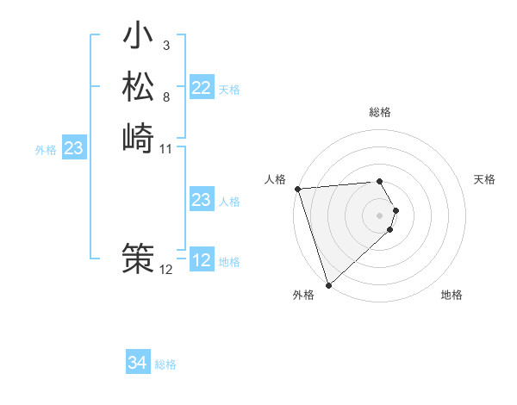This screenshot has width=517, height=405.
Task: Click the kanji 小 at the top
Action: coord(138,38)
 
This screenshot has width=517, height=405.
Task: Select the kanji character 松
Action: coord(138,87)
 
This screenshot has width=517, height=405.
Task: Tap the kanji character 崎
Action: coord(138,138)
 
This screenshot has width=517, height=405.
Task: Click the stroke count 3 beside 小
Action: coord(165,45)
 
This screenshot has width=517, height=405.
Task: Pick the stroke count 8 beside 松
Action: coord(165,97)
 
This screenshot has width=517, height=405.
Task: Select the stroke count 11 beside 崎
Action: coord(166,149)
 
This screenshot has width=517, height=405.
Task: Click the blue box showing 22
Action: coord(202,88)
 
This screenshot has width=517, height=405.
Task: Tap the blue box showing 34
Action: coord(138,363)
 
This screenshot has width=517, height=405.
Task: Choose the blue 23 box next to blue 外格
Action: coord(73,149)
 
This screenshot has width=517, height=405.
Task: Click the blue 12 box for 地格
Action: coord(202,260)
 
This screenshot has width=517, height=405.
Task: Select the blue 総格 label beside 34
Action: coord(166,364)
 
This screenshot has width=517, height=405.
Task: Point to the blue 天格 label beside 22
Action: coord(229,90)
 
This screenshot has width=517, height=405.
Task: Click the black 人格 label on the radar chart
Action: coord(276,179)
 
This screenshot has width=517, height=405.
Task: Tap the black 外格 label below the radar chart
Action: coord(303,296)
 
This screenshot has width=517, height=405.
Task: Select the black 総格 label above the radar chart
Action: coord(380,112)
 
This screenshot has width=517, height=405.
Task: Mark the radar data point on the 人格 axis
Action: coord(296,189)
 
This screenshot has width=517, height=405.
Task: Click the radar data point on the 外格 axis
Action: coord(328,284)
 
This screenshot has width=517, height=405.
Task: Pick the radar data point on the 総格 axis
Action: coord(380,181)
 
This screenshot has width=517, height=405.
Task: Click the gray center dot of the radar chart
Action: coord(380,215)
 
